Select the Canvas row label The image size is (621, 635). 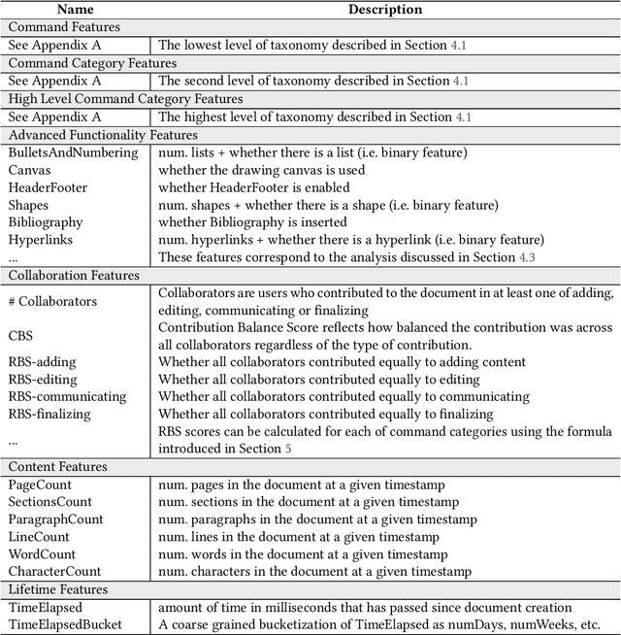[x=29, y=170]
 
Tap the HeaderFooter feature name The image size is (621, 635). [x=48, y=187]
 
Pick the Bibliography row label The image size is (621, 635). [x=46, y=222]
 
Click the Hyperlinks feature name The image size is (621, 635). [x=41, y=240]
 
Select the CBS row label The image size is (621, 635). [x=21, y=336]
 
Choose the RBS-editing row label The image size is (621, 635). [x=43, y=379]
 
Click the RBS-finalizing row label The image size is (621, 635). [x=49, y=414]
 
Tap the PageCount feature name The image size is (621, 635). [x=40, y=485]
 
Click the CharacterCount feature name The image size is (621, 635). [x=55, y=572]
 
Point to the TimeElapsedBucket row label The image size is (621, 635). [x=65, y=624]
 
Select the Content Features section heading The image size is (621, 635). [x=57, y=467]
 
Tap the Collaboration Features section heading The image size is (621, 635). [x=72, y=275]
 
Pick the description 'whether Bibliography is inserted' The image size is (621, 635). [x=248, y=222]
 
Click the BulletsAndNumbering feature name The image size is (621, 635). [x=73, y=152]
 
